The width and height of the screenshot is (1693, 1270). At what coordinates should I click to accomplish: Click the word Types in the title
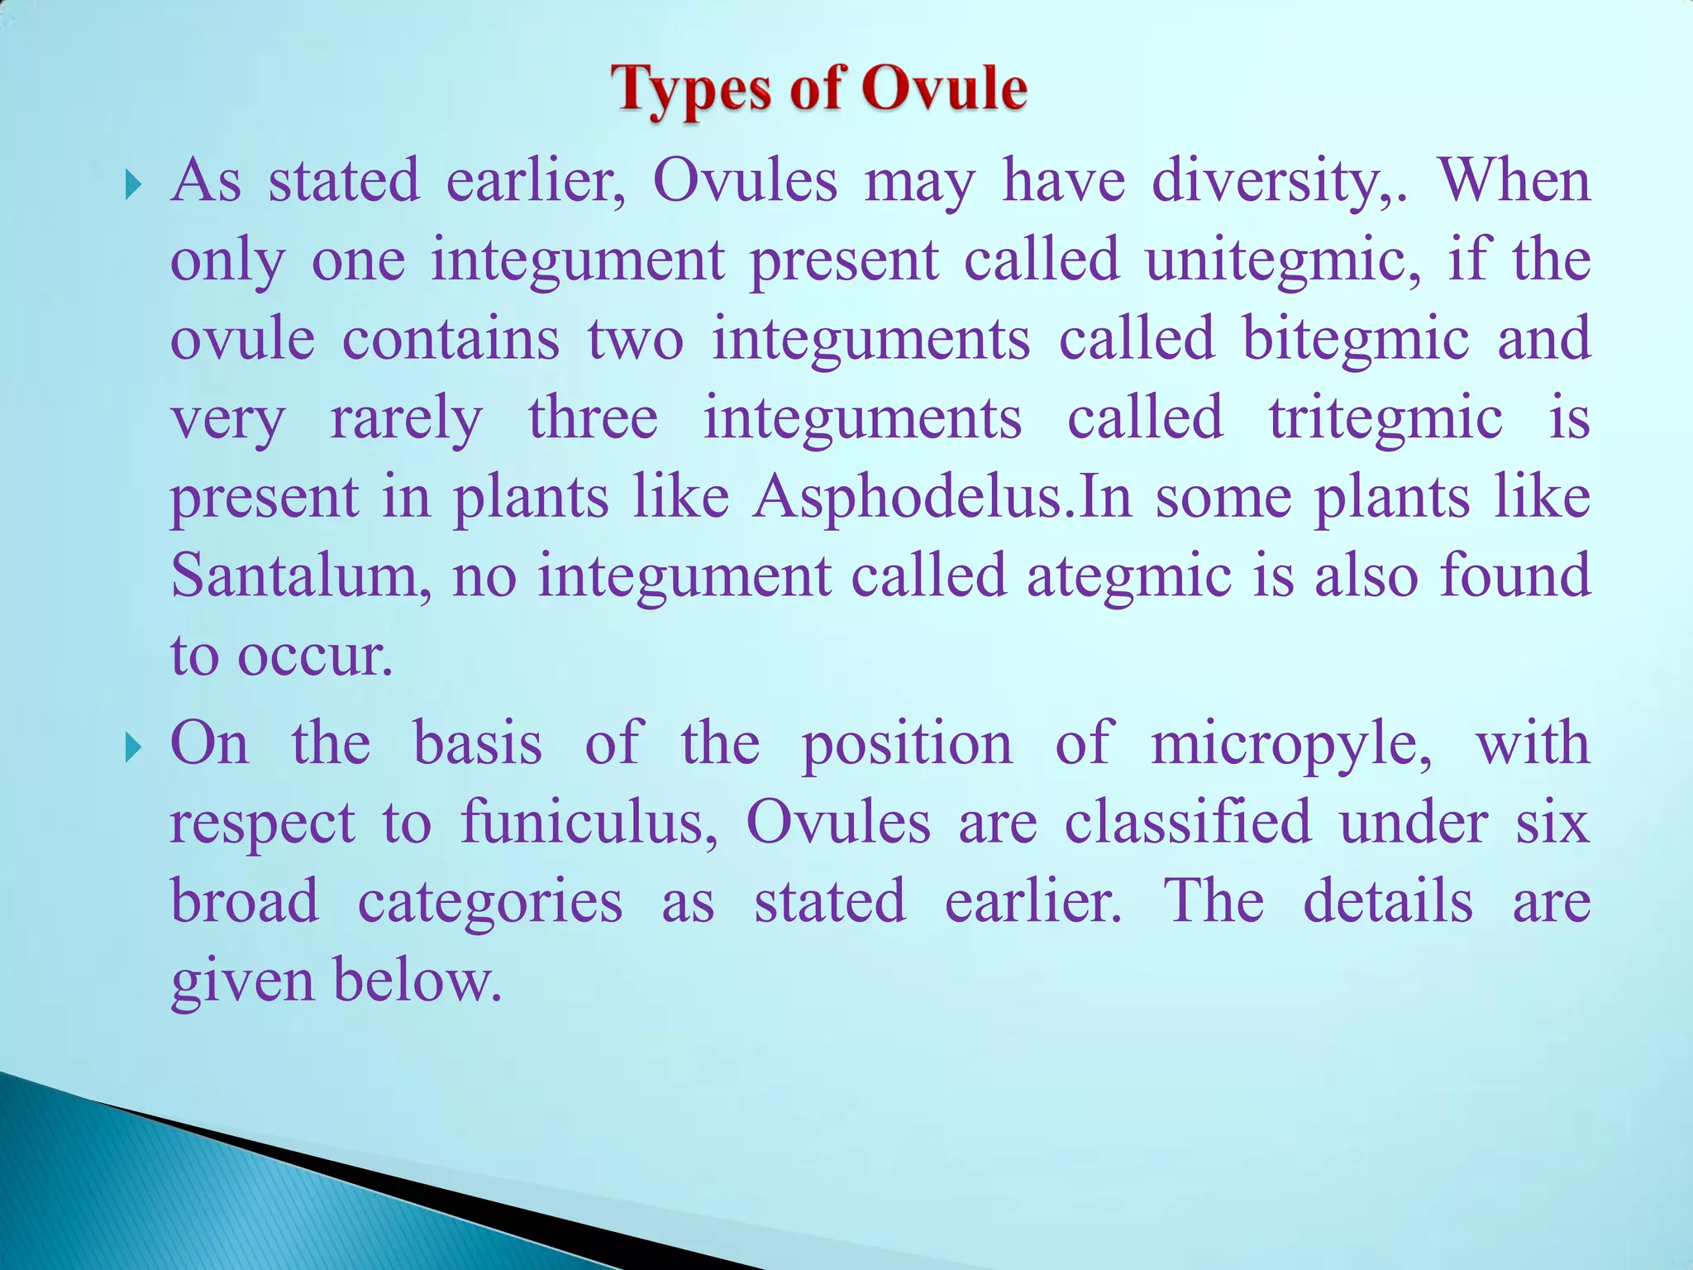click(x=690, y=90)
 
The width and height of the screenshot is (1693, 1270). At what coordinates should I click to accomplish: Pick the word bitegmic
click(x=1356, y=340)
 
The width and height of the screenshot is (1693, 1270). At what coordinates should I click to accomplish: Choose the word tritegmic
click(x=1385, y=418)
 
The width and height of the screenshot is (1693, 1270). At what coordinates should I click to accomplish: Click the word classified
click(x=1188, y=823)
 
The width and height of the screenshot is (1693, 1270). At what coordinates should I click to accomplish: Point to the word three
click(x=593, y=418)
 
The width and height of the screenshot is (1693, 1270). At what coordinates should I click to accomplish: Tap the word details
click(x=1388, y=901)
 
